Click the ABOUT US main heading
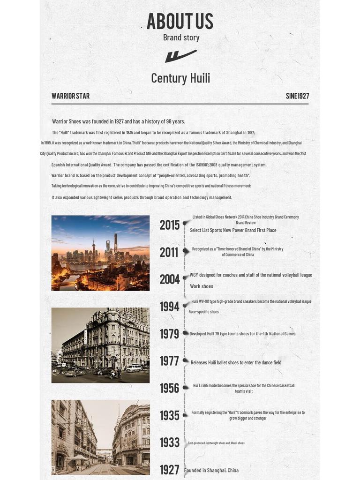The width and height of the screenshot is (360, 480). [x=180, y=21]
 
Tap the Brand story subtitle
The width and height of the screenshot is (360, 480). [x=181, y=37]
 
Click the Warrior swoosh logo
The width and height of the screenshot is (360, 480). [x=180, y=56]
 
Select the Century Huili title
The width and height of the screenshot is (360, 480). [x=180, y=78]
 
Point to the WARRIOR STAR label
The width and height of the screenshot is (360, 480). [x=70, y=96]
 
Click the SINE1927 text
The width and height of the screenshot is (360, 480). [x=297, y=96]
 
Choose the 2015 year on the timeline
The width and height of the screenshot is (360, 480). [x=169, y=225]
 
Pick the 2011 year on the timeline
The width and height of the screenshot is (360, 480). [x=169, y=253]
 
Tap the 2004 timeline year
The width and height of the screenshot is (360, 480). [x=169, y=280]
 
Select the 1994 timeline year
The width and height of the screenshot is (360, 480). [x=169, y=307]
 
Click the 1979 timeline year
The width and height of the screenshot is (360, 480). [x=169, y=334]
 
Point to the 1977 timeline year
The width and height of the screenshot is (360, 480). [x=169, y=361]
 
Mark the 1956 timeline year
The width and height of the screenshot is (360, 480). [x=169, y=389]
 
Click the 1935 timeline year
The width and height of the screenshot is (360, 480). [x=169, y=416]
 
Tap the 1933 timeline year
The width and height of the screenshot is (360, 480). [x=169, y=443]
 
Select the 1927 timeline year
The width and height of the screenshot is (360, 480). [x=169, y=470]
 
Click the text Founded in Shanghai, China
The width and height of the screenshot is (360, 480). [x=211, y=471]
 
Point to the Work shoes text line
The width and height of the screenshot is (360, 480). [x=202, y=286]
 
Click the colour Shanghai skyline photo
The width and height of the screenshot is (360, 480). [x=100, y=253]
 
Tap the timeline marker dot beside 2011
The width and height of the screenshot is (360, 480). [x=186, y=251]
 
